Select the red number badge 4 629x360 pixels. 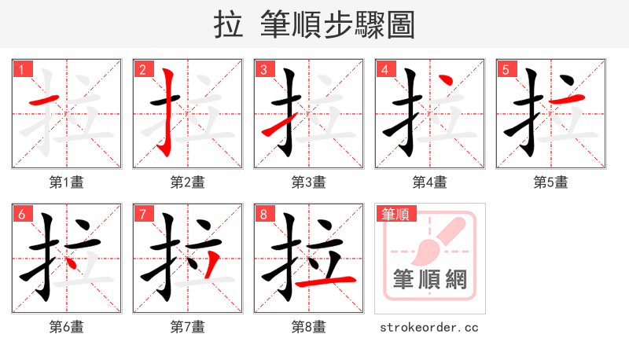click(x=384, y=70)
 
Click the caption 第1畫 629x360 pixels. click(x=67, y=182)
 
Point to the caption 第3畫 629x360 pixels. click(x=308, y=182)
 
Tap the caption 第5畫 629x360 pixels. click(x=550, y=182)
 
